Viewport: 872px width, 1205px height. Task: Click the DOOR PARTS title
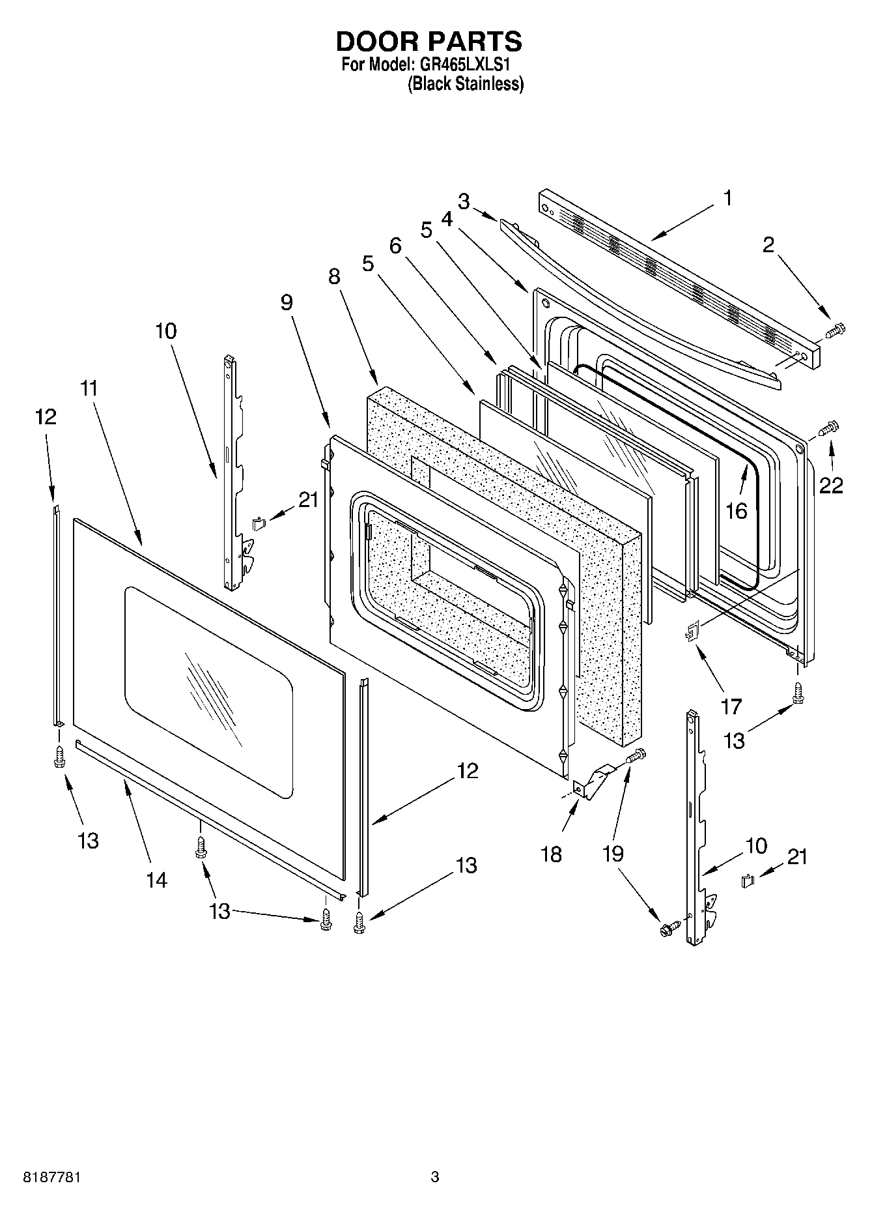[x=429, y=41]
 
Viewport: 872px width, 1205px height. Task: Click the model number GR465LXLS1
[x=466, y=65]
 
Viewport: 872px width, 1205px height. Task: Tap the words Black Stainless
[x=465, y=83]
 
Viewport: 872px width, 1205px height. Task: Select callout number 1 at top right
[x=727, y=198]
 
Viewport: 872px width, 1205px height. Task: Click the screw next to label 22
[x=828, y=428]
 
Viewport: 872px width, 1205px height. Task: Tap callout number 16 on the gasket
[x=737, y=510]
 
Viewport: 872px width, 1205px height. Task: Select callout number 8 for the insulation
[x=333, y=276]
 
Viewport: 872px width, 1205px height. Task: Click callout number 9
[x=287, y=302]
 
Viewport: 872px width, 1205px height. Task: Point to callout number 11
[x=89, y=388]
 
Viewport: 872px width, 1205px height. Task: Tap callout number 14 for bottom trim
[x=156, y=880]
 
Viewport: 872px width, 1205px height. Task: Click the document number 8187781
[x=52, y=1177]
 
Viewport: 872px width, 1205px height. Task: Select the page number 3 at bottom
[x=435, y=1177]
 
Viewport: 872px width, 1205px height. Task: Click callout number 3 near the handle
[x=463, y=201]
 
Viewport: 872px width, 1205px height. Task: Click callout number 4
[x=446, y=220]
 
